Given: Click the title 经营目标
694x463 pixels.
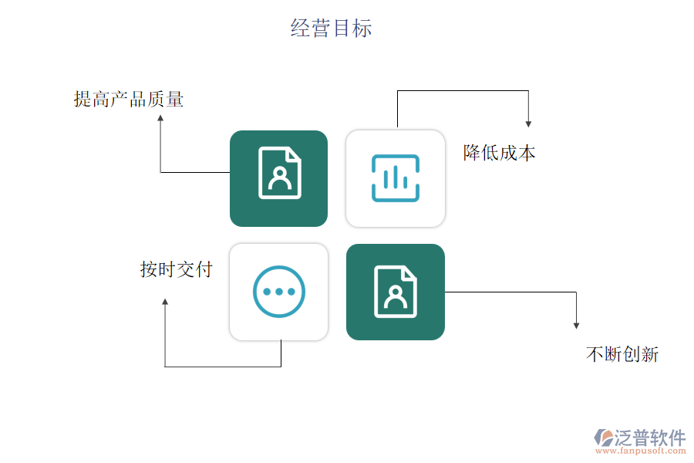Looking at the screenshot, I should coord(332,29).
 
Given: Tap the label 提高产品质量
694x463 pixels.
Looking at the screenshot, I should coord(129,99).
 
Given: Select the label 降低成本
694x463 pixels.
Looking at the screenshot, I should coord(499,152).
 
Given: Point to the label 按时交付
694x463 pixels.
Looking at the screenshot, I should coord(176,269).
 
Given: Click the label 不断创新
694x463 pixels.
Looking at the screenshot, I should coord(622,354).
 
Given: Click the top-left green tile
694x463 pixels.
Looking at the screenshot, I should coord(278,178).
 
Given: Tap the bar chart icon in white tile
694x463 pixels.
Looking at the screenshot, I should coord(396,178).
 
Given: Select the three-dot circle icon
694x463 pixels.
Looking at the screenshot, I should coord(279,292).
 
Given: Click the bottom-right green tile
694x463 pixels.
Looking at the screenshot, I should coord(396,292).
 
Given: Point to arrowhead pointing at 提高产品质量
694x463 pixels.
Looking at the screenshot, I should coord(160,118).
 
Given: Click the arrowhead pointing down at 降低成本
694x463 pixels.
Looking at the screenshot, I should coord(528,123).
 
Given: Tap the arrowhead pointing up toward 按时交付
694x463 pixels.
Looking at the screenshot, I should coord(165,302).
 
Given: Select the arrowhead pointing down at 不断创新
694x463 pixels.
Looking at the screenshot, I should coord(577,326).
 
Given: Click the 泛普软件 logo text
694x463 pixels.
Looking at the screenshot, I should coord(649,438).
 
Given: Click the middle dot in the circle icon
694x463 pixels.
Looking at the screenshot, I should coord(279,292).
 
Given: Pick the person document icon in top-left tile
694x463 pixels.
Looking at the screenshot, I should coord(280,173).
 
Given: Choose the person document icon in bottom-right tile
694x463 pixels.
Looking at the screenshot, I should coord(396,292).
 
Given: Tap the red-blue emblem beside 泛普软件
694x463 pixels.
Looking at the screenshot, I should coord(604,438).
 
